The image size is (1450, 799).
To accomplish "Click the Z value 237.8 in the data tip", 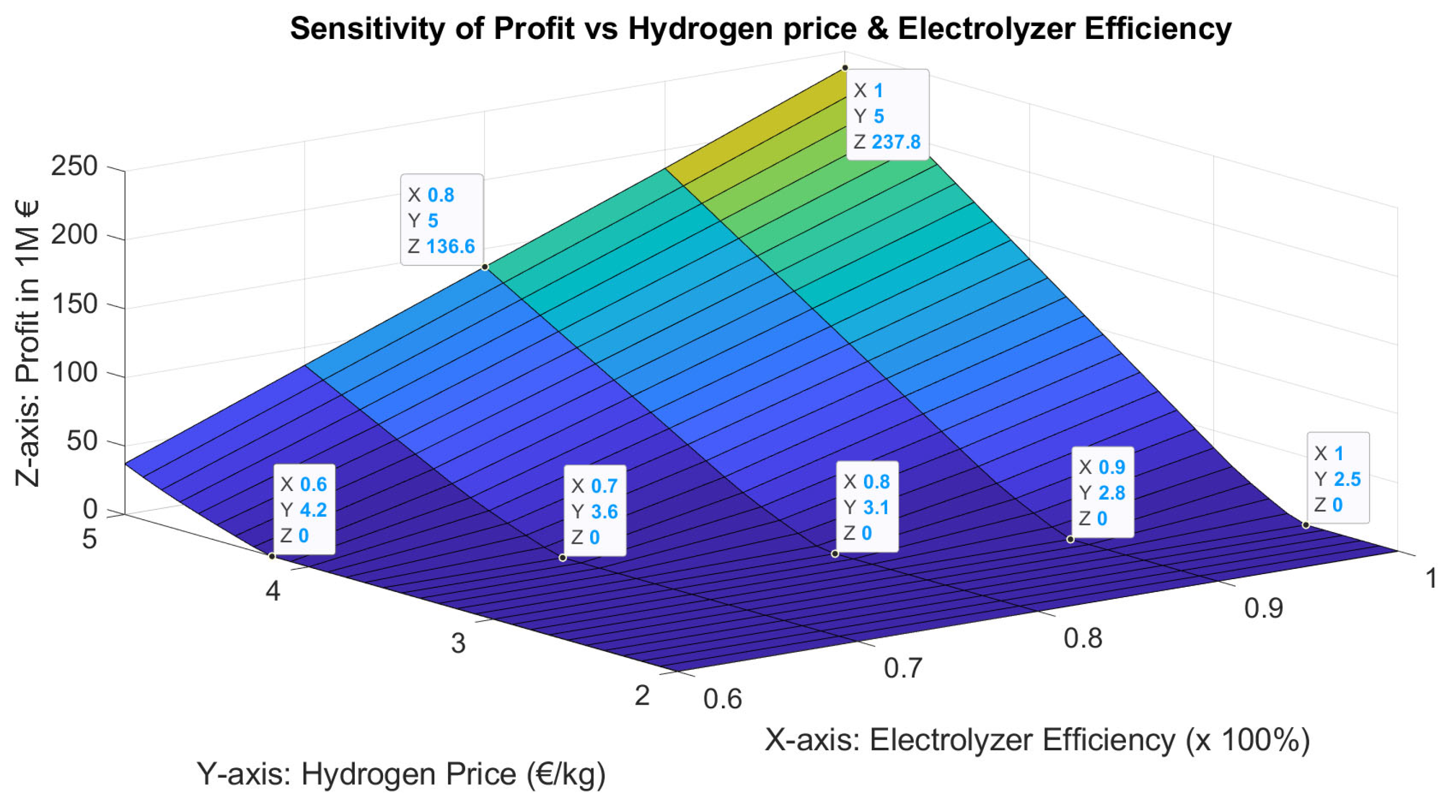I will [x=896, y=142].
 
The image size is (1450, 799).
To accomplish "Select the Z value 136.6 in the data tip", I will [x=450, y=247].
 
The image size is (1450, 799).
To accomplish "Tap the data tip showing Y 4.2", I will [x=304, y=510].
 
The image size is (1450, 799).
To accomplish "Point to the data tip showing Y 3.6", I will [x=594, y=511].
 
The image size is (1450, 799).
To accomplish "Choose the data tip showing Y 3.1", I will [x=867, y=507].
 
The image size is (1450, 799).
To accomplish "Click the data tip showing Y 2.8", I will [x=1101, y=493].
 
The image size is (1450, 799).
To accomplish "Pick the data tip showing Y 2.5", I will [x=1337, y=479].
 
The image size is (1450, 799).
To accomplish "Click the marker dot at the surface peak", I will [x=845, y=68].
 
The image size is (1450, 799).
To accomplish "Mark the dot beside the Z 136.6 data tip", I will [x=485, y=267].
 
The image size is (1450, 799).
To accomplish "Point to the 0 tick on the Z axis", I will [x=90, y=510].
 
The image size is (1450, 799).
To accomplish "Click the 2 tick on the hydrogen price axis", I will [x=642, y=696].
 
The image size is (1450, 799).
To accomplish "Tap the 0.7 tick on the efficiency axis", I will [x=902, y=668].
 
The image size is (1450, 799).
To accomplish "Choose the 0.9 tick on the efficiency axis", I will [x=1263, y=609].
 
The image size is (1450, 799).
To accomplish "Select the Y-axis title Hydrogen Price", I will [x=401, y=774].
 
